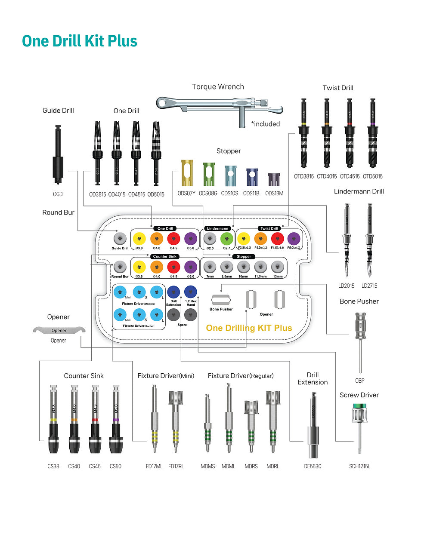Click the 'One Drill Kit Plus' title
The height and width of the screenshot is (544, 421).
click(x=80, y=41)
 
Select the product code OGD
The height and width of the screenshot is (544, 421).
click(x=58, y=194)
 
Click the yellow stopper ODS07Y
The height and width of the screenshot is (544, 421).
click(x=187, y=173)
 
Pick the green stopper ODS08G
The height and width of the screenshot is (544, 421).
click(x=209, y=174)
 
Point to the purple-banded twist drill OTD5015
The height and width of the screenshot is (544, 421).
click(x=372, y=133)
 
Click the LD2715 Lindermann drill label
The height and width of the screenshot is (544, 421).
click(x=369, y=286)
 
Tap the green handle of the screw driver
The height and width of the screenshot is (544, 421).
click(x=359, y=406)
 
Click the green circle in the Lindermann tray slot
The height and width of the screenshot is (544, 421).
click(x=226, y=239)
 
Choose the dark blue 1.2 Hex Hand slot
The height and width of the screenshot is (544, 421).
click(x=190, y=292)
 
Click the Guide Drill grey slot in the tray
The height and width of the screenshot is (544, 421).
click(x=120, y=238)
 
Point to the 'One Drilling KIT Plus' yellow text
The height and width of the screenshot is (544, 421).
click(x=249, y=328)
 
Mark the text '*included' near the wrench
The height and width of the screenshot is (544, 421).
click(x=266, y=124)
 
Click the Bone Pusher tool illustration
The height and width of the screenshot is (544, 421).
click(x=360, y=340)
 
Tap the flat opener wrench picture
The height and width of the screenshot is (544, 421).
click(x=59, y=330)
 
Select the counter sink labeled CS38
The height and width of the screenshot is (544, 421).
click(x=53, y=419)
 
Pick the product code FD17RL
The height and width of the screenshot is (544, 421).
click(x=176, y=466)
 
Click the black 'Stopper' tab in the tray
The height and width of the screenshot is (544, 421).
click(x=244, y=257)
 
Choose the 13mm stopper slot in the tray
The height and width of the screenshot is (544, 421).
click(x=278, y=267)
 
